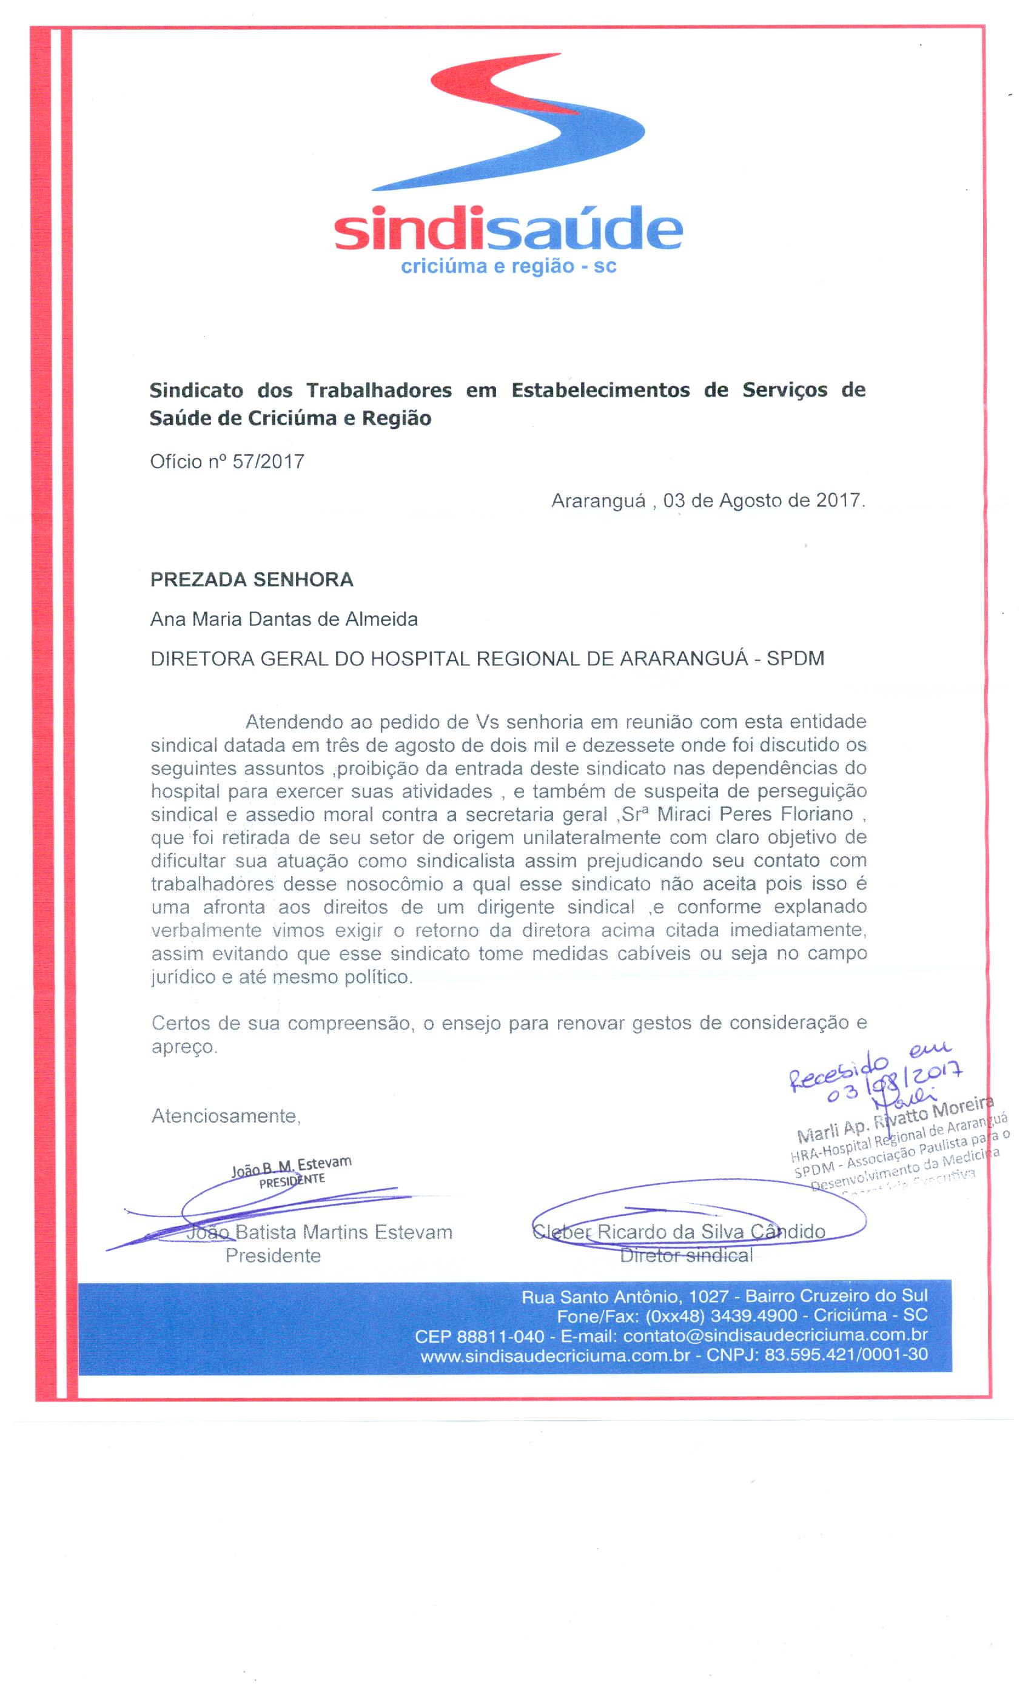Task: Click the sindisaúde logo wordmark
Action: pyautogui.click(x=508, y=229)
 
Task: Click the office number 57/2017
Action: pyautogui.click(x=268, y=461)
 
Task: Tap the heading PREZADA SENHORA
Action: pyautogui.click(x=252, y=580)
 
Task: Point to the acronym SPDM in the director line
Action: pyautogui.click(x=795, y=659)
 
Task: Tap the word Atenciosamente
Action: pyautogui.click(x=226, y=1116)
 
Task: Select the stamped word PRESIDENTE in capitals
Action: pyautogui.click(x=292, y=1181)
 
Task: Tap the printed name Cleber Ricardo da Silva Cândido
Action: pyautogui.click(x=679, y=1232)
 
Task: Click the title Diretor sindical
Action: pyautogui.click(x=687, y=1255)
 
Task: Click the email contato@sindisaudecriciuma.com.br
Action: pyautogui.click(x=774, y=1335)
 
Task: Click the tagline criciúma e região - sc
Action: pyautogui.click(x=508, y=267)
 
